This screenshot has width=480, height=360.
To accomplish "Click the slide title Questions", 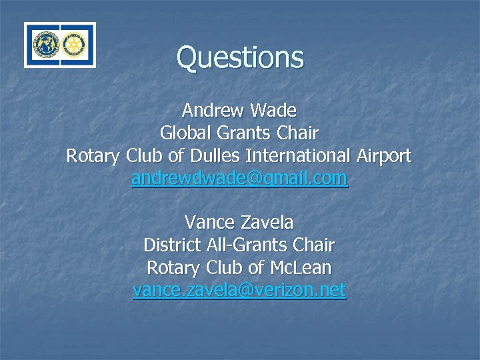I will [240, 57].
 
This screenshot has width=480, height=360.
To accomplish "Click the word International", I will [298, 156].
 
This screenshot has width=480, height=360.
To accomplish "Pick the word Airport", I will [383, 156].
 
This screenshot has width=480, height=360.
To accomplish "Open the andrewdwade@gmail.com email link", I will [239, 179].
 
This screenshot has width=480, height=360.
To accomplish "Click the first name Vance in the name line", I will [209, 221].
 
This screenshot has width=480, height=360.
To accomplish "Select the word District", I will [169, 245].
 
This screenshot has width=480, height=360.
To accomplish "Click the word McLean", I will [300, 268].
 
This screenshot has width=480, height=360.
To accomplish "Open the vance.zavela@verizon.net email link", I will [239, 291].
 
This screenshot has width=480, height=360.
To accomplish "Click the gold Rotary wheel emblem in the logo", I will [75, 45].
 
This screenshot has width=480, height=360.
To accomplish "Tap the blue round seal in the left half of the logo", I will [46, 45].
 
